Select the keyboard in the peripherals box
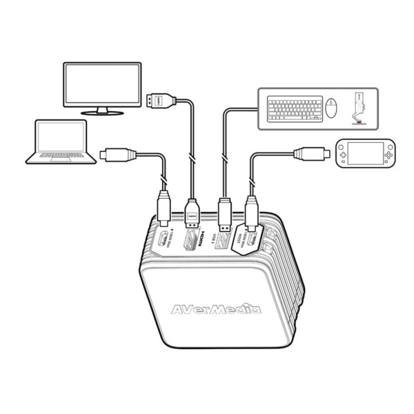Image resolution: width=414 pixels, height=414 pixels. click(295, 108)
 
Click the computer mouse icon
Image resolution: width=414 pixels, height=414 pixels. click(333, 109)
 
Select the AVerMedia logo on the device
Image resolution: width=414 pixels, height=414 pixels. click(216, 308)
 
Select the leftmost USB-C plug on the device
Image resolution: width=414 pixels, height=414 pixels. click(164, 208)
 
